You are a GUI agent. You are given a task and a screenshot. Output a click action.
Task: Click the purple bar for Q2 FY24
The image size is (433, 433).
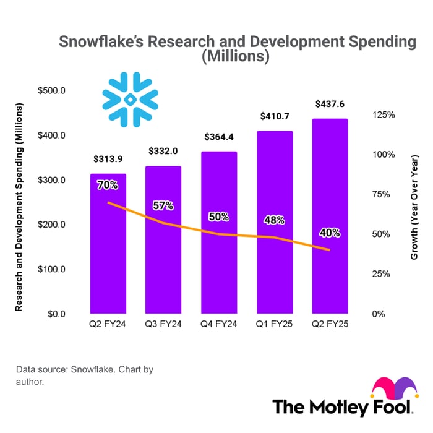pyautogui.click(x=108, y=247)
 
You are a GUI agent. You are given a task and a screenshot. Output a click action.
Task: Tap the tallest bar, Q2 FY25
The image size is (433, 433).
pyautogui.click(x=330, y=216)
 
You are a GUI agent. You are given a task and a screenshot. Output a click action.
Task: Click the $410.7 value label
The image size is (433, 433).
pyautogui.click(x=275, y=116)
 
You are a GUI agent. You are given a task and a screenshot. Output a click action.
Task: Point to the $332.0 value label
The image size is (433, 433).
pyautogui.click(x=163, y=152)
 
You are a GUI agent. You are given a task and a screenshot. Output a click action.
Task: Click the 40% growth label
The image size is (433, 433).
pyautogui.click(x=330, y=233)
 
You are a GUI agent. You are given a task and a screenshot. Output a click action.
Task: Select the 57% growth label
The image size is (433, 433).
pyautogui.click(x=163, y=205)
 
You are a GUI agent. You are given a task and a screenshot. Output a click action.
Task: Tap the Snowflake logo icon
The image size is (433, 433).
pyautogui.click(x=131, y=99)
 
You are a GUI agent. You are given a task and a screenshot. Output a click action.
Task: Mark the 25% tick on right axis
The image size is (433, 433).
pyautogui.click(x=380, y=274)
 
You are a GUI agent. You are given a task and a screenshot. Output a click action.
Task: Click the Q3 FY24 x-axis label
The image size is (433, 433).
pyautogui.click(x=163, y=324)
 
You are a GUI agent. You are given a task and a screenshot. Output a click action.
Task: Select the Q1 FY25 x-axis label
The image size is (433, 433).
pyautogui.click(x=275, y=324)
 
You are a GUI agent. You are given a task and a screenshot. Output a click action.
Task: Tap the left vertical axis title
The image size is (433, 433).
pyautogui.click(x=19, y=207)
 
